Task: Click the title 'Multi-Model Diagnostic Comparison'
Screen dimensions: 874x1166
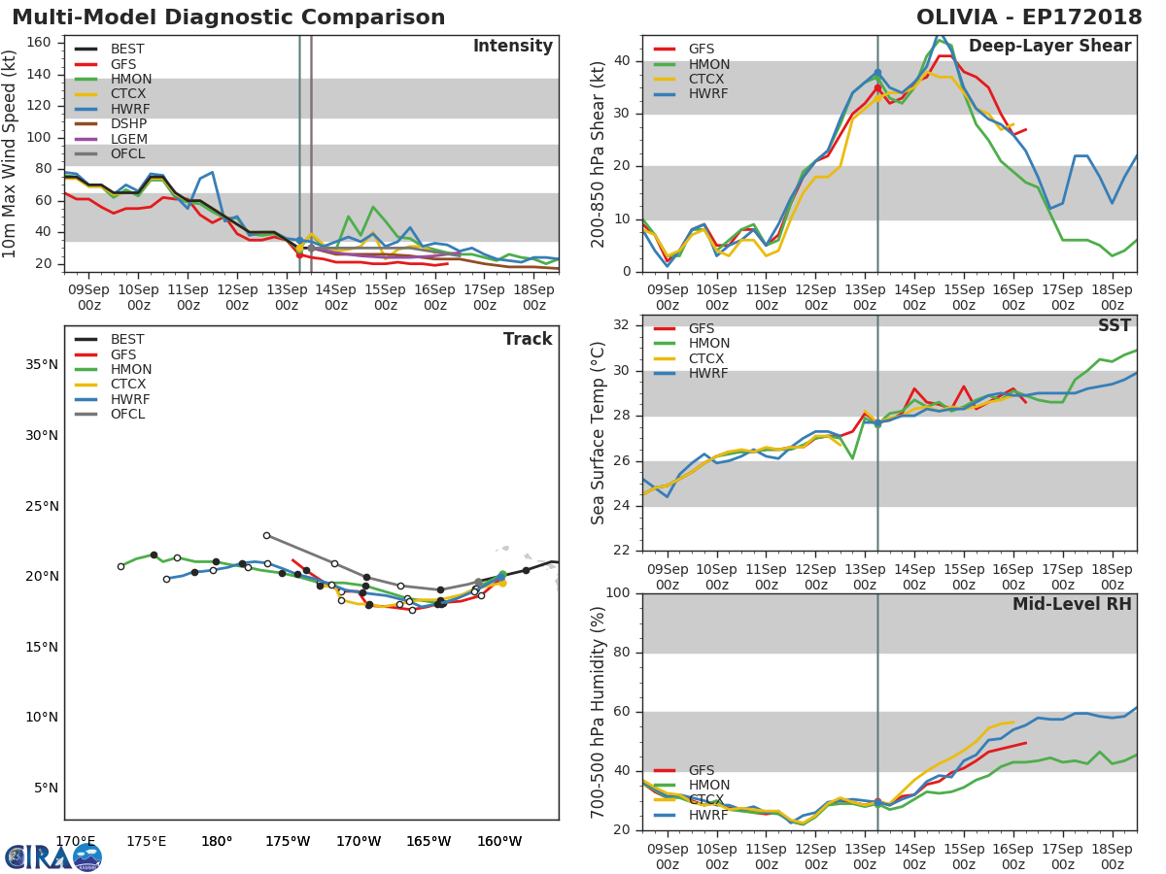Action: (228, 17)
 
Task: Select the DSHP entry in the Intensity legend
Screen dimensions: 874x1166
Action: (128, 124)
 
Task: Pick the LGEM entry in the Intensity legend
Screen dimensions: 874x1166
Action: (128, 139)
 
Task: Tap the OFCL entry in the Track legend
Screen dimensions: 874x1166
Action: (127, 415)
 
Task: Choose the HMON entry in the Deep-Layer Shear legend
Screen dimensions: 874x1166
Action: (709, 64)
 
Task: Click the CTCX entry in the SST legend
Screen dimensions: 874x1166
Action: (708, 358)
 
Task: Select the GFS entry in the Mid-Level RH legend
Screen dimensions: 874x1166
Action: (701, 770)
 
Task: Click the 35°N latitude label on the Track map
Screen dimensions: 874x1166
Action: (41, 365)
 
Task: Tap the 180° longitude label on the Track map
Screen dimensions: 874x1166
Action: (216, 841)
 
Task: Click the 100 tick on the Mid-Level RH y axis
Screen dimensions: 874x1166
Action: (618, 593)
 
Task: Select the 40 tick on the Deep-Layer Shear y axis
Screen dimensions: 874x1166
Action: (623, 61)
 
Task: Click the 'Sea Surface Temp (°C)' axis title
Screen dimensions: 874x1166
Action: (600, 432)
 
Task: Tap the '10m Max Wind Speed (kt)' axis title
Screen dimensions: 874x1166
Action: (11, 152)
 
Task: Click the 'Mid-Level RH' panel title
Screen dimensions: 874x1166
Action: (1071, 605)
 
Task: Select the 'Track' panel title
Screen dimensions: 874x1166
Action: (527, 339)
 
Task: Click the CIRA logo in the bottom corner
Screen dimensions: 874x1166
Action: (53, 857)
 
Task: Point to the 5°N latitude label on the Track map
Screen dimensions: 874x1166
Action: (45, 789)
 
